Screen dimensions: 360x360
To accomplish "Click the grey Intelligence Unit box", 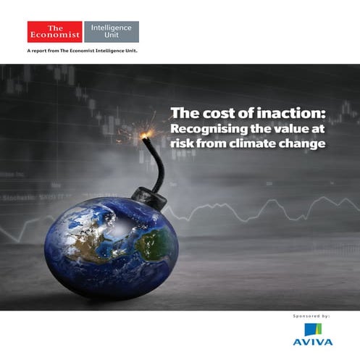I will (111, 31).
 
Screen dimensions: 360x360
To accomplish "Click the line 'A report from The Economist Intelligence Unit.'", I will (82, 51).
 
